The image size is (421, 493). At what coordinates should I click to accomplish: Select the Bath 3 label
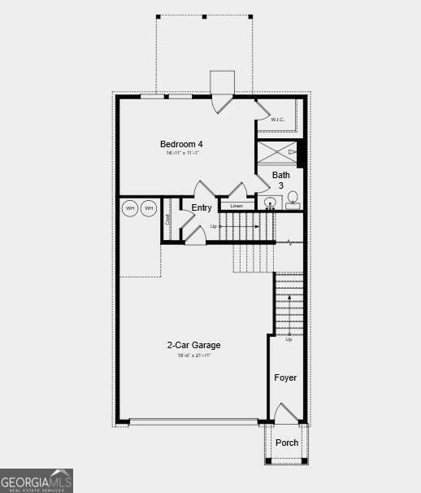point(281,180)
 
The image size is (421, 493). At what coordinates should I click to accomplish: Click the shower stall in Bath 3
point(277,152)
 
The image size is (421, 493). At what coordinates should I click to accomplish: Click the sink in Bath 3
point(269,202)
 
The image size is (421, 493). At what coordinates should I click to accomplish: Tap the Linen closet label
point(236,206)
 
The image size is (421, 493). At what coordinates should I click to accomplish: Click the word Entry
point(202,208)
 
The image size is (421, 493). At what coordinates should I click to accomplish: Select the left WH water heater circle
point(130,209)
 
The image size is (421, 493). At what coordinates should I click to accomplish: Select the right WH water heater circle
point(149,209)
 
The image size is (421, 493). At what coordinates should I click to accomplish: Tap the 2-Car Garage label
point(193,345)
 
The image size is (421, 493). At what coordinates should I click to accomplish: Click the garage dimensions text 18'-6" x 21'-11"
point(193,356)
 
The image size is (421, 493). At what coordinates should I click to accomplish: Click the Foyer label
point(285,377)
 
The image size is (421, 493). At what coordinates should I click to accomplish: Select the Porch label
point(287,443)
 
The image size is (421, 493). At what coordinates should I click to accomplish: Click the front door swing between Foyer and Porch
point(286,413)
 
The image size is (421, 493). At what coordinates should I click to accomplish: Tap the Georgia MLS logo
point(37,480)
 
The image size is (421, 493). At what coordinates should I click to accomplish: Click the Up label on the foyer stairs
point(289,339)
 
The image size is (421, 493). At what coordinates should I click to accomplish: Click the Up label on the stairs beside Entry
point(214,226)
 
